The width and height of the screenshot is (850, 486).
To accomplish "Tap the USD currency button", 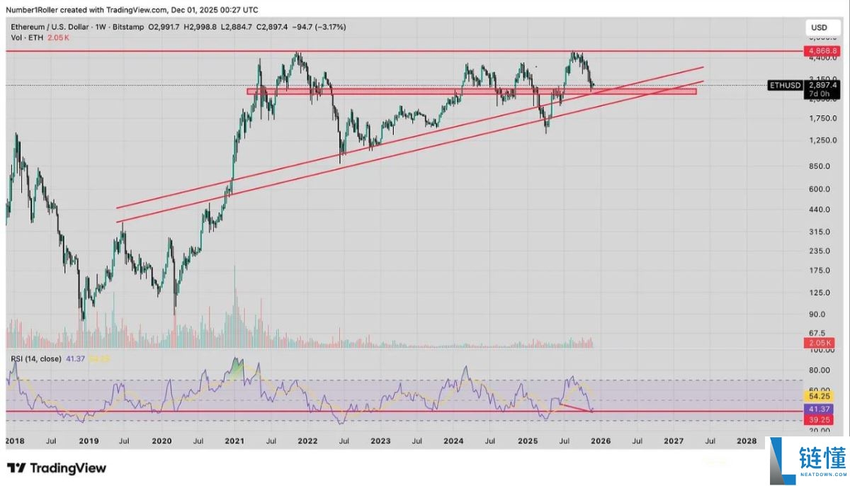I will coord(819,28).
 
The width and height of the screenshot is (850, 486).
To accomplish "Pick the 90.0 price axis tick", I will coord(819,315).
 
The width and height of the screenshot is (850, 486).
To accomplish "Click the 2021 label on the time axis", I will coord(234,440).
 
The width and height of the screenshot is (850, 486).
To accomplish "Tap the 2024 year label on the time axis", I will coord(453,440).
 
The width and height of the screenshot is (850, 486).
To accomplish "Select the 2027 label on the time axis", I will coord(673,440).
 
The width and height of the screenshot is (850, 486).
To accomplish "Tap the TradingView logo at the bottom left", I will coord(57,468).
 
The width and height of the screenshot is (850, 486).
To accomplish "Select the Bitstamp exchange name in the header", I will coord(125,27).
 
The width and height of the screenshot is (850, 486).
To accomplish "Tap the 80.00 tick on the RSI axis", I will coord(819,370).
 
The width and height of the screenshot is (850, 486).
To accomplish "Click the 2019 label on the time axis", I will coord(88,440).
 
